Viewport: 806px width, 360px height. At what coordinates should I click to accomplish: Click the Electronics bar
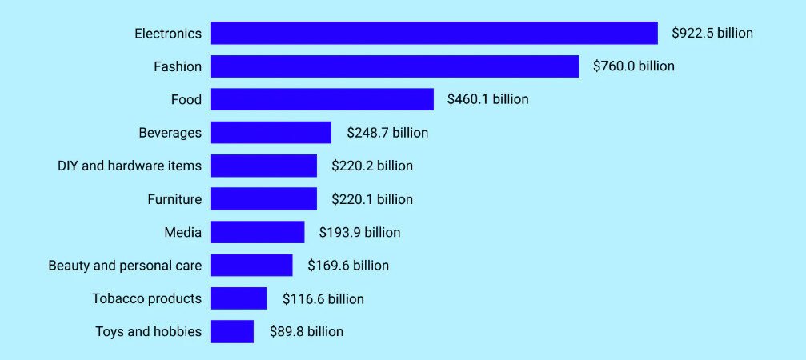tap(434, 33)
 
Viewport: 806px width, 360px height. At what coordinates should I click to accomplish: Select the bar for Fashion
tap(395, 66)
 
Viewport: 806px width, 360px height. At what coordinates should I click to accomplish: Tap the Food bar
tap(322, 99)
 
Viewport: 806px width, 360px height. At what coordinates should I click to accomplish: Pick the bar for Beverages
tap(271, 133)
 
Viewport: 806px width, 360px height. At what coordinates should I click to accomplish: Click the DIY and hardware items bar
tap(263, 166)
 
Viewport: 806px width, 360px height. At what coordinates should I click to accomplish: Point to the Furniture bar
tap(263, 199)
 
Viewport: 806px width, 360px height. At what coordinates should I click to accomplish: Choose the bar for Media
tap(257, 232)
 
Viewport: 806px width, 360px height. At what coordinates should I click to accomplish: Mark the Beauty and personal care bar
tap(251, 266)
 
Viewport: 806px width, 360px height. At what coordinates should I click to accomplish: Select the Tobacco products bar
tap(239, 298)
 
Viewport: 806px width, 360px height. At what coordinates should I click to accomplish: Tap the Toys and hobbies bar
tap(232, 331)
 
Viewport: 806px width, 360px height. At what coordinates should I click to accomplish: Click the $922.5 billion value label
tap(712, 34)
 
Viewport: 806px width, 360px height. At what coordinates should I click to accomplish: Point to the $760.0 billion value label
tap(634, 66)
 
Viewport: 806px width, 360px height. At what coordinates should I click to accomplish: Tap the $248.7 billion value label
tap(387, 133)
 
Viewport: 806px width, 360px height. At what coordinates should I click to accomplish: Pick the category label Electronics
tap(168, 34)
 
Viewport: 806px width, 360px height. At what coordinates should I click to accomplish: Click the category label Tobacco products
tap(146, 298)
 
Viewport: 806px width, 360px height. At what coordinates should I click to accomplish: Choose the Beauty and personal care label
tap(125, 266)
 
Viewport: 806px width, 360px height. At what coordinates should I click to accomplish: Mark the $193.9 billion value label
tap(359, 233)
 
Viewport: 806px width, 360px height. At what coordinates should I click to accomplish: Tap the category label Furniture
tap(174, 199)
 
